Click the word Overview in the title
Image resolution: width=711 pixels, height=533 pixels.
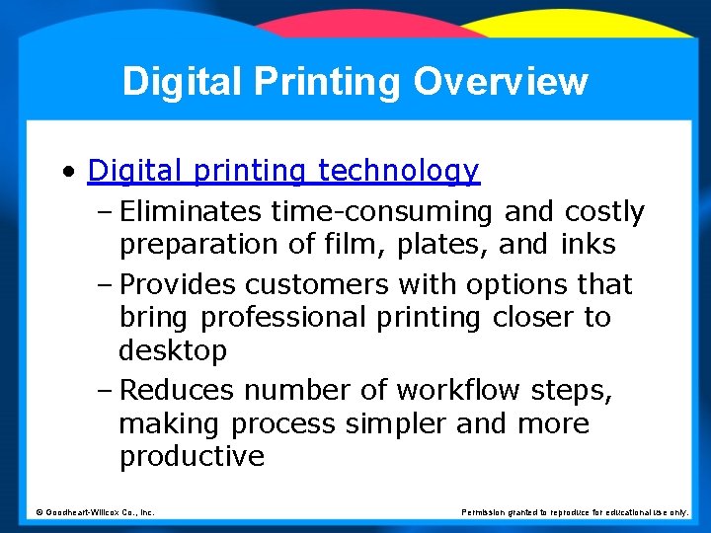[x=501, y=81]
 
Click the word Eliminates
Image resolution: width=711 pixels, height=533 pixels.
[x=192, y=212]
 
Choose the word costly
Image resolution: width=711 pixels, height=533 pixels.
[x=604, y=212]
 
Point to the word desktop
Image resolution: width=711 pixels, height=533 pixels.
[x=173, y=350]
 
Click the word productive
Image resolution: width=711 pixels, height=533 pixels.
[x=192, y=457]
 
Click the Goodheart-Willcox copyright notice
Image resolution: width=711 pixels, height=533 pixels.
[x=95, y=512]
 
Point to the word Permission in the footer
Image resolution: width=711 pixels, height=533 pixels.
[x=484, y=512]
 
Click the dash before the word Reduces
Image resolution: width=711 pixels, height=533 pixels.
[x=107, y=392]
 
